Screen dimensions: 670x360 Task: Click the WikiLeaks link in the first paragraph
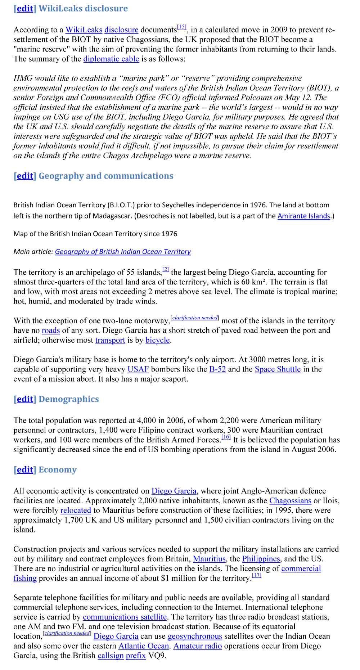(x=84, y=30)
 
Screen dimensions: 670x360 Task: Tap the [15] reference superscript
(x=181, y=27)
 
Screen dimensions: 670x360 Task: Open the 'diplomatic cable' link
(x=111, y=59)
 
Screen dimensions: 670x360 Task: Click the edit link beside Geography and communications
(x=25, y=176)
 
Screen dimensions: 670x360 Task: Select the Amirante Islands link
(x=303, y=216)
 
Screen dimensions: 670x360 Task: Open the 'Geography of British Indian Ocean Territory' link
(x=123, y=252)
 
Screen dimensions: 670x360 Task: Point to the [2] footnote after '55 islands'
(x=166, y=269)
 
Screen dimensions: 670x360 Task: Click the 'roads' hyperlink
(x=51, y=330)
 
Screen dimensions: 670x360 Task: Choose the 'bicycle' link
(x=157, y=340)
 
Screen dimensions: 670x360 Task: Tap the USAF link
(x=138, y=369)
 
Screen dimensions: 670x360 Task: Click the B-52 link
(x=217, y=369)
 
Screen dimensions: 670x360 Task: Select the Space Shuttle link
(x=278, y=369)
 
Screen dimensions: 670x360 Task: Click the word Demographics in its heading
(x=68, y=399)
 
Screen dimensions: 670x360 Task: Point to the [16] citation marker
(x=226, y=437)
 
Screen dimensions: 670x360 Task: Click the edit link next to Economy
(x=25, y=470)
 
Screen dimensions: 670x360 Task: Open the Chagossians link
(x=290, y=501)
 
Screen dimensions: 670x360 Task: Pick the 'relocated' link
(x=76, y=511)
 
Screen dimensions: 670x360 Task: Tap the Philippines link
(x=261, y=559)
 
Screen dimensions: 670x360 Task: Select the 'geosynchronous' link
(x=195, y=637)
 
